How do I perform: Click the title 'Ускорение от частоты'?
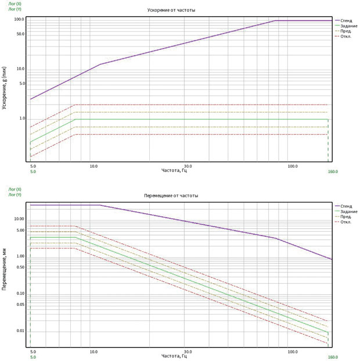(171, 10)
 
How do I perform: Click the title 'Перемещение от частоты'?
(171, 196)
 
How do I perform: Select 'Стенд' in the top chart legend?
(346, 21)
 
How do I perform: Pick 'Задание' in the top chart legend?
(349, 26)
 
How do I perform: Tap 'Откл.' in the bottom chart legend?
(345, 222)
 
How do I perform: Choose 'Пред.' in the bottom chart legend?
(345, 216)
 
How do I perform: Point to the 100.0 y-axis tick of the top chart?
(19, 19)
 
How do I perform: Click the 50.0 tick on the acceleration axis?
(20, 34)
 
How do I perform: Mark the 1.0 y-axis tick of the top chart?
(22, 118)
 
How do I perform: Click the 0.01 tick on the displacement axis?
(20, 331)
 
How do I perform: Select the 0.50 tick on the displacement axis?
(20, 268)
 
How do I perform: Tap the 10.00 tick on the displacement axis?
(19, 219)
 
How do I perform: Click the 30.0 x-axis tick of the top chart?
(188, 166)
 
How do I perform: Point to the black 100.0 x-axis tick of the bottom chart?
(293, 352)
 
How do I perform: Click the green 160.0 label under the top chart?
(333, 172)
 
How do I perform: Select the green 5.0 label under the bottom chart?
(33, 357)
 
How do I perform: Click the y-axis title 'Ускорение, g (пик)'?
(4, 88)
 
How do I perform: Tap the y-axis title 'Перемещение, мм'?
(4, 269)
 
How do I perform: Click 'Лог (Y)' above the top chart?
(15, 9)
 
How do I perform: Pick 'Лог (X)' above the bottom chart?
(15, 189)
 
